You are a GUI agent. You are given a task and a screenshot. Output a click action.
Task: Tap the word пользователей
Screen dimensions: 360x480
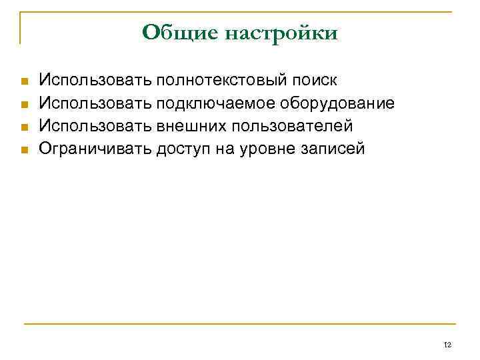(291, 126)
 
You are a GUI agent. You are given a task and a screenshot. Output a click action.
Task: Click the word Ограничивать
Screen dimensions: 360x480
(95, 149)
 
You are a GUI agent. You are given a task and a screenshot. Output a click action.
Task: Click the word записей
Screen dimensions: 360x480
(331, 149)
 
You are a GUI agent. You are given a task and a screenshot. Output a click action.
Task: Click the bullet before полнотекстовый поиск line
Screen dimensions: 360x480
(24, 82)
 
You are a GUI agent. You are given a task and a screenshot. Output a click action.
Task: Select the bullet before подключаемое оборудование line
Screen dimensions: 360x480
(24, 105)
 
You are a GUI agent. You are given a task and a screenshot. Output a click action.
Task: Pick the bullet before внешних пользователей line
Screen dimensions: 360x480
(24, 127)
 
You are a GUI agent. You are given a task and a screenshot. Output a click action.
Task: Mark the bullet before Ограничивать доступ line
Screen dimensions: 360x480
(24, 149)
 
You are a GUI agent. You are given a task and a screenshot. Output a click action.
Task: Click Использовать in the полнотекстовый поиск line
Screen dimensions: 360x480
(95, 81)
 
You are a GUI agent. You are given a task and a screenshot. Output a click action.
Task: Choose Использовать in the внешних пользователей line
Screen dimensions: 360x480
(95, 126)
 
